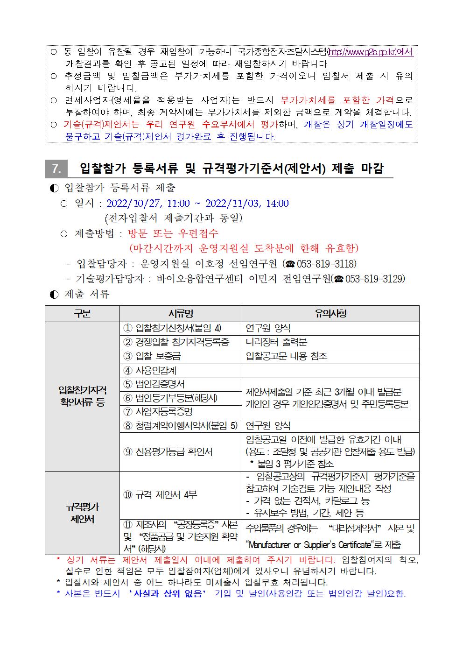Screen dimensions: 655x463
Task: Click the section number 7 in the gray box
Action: [x=56, y=169]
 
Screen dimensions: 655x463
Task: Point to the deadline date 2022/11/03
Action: [x=232, y=204]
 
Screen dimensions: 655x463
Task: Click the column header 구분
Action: [x=82, y=314]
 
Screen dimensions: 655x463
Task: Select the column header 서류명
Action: [x=180, y=314]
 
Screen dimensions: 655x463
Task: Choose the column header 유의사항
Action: [x=330, y=314]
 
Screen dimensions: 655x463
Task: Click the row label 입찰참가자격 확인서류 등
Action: [x=82, y=396]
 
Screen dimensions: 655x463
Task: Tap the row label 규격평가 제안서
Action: [x=82, y=513]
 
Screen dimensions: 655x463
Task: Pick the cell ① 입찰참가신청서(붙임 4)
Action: [x=172, y=328]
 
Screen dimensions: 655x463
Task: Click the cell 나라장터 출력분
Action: [x=276, y=342]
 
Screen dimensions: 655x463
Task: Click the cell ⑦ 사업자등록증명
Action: [x=158, y=412]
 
